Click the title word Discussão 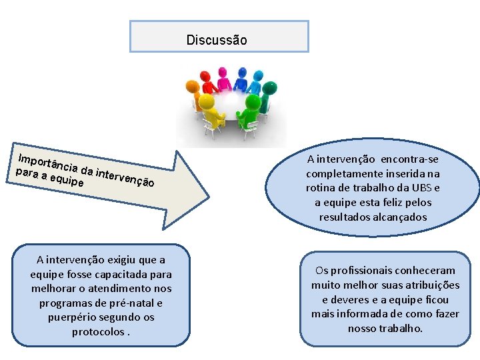[217, 40]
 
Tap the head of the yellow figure [206, 101]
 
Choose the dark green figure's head [271, 87]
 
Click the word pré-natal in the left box [133, 303]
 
